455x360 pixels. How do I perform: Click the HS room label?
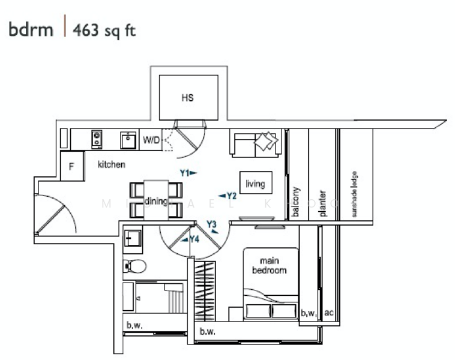(188, 98)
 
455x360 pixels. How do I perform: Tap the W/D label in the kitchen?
(151, 140)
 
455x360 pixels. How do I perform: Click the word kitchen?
(111, 164)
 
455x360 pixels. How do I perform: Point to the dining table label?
(156, 201)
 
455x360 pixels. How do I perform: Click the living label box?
(255, 184)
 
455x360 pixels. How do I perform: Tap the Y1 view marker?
(188, 173)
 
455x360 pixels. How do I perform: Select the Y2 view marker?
(227, 196)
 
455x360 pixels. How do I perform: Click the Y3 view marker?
(212, 226)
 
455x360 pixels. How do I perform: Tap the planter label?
(322, 203)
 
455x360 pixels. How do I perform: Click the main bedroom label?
(270, 265)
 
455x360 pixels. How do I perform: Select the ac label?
(328, 313)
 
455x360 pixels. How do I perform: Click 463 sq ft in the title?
(104, 31)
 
